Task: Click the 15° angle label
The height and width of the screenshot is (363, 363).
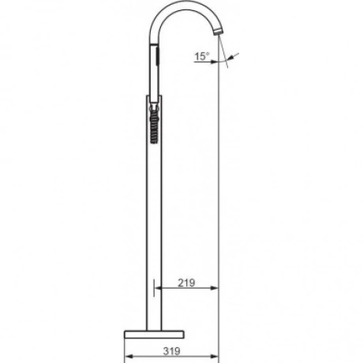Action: [202, 56]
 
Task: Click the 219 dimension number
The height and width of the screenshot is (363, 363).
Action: [186, 283]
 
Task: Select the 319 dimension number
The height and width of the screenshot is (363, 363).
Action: [171, 351]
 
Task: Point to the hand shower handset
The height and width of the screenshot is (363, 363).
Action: [155, 73]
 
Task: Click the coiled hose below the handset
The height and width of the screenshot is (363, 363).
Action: [154, 127]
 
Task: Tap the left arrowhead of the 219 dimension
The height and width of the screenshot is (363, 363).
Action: [159, 288]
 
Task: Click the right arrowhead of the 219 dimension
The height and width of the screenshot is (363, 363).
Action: [215, 288]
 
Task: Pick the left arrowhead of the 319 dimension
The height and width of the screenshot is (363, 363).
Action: [128, 357]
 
